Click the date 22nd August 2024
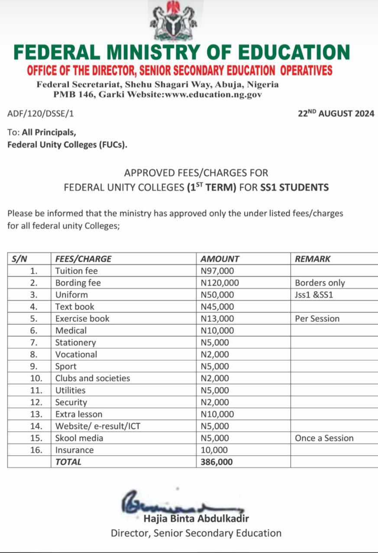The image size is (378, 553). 336,114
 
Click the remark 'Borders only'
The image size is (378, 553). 320,283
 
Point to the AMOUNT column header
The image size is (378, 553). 220,259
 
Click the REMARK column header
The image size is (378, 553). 313,259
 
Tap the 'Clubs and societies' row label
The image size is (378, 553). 93,378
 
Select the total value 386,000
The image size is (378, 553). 216,461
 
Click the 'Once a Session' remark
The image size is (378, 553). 324,438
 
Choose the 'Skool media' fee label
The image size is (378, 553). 79,438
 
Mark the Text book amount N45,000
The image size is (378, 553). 218,307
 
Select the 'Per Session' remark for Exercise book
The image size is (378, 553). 317,319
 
